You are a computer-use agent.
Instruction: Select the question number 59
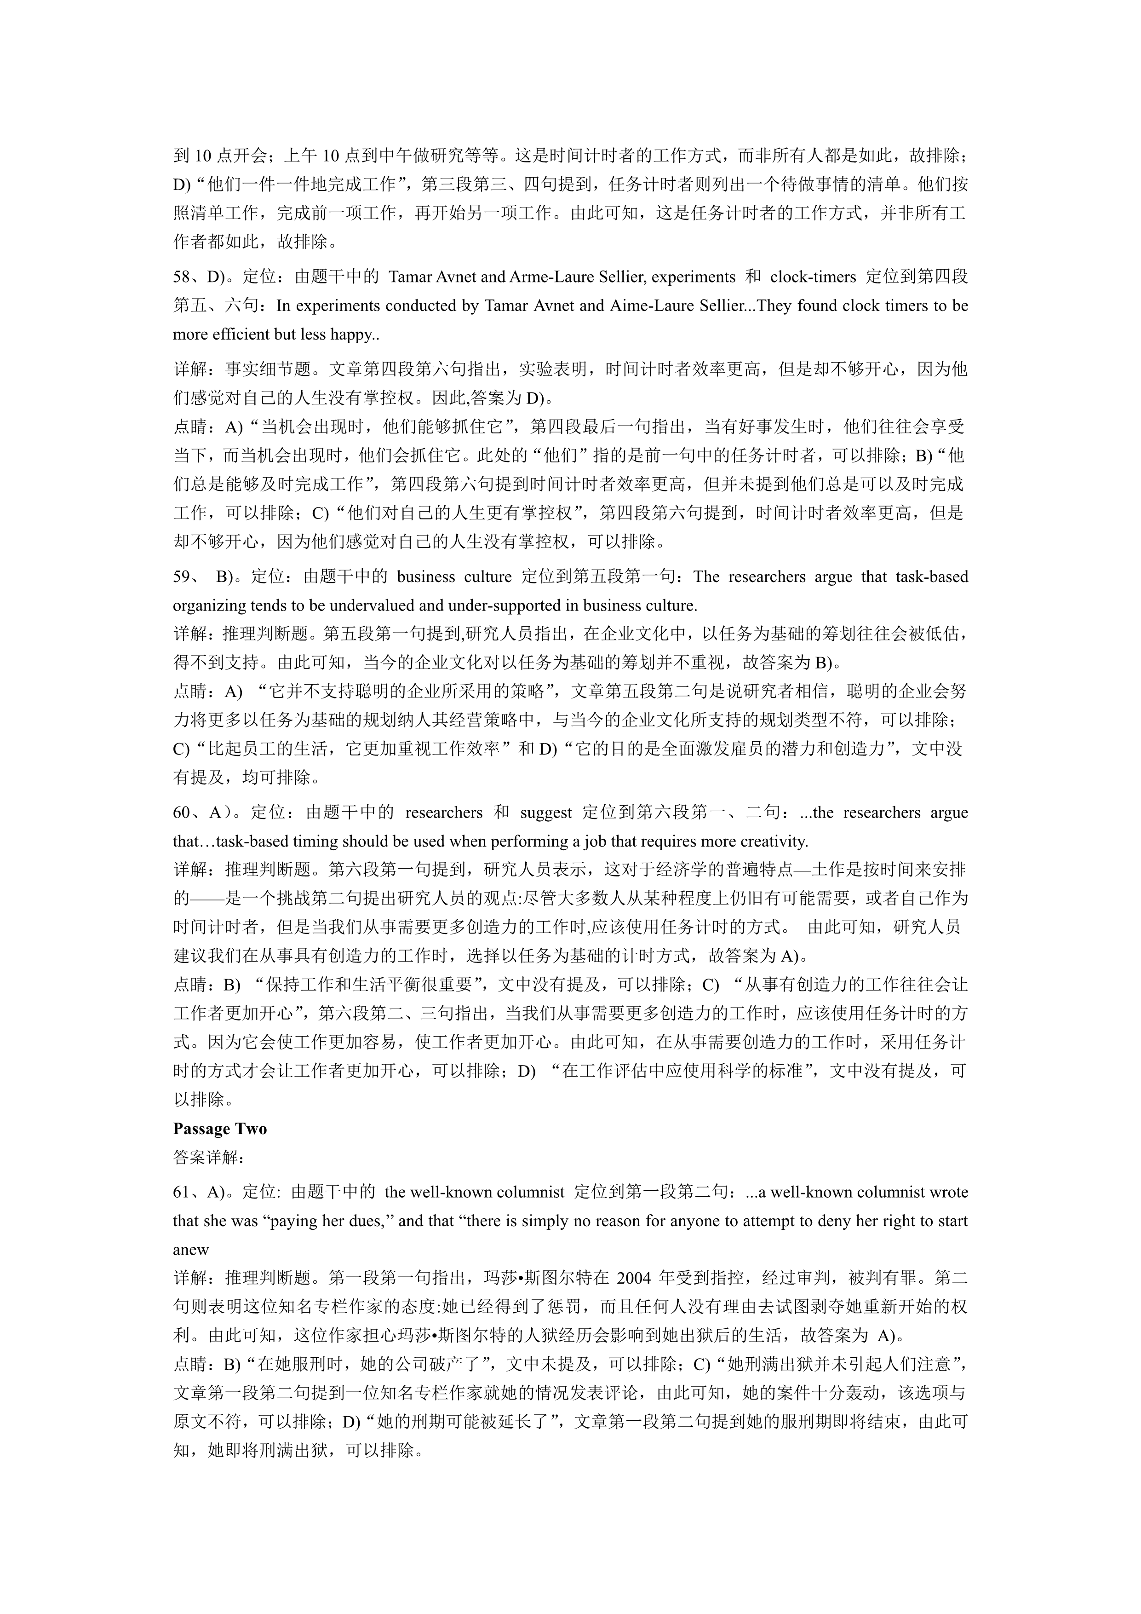click(x=182, y=577)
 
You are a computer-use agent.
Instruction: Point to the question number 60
click(x=182, y=813)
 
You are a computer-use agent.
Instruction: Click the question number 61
click(x=182, y=1192)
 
